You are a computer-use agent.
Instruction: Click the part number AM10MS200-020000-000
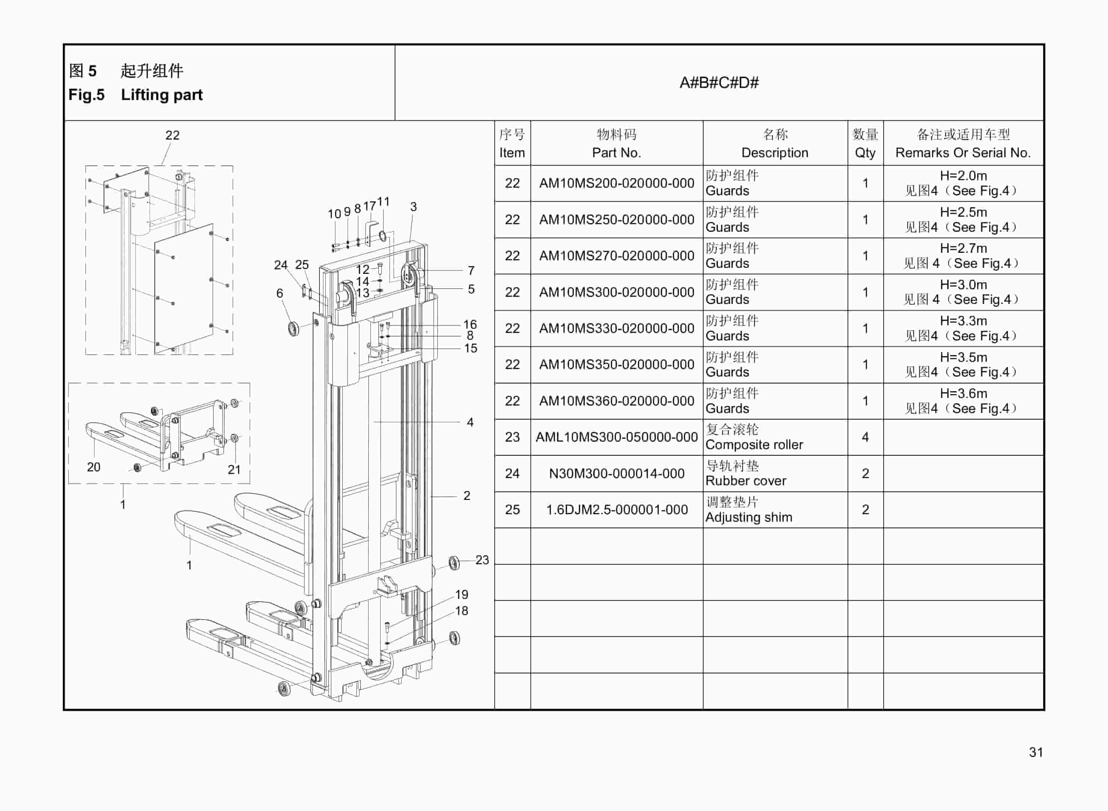pyautogui.click(x=616, y=183)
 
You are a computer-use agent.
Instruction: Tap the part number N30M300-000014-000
pyautogui.click(x=616, y=473)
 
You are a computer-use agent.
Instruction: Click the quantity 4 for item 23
pyautogui.click(x=865, y=437)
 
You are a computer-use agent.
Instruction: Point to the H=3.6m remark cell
pyautogui.click(x=963, y=401)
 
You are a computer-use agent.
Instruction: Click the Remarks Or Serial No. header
pyautogui.click(x=963, y=152)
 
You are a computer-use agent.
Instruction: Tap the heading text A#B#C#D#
pyautogui.click(x=719, y=82)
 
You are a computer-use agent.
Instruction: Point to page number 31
pyautogui.click(x=1035, y=752)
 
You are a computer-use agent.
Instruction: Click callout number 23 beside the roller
pyautogui.click(x=482, y=560)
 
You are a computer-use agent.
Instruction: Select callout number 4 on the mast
pyautogui.click(x=470, y=422)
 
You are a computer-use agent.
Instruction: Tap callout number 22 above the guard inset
pyautogui.click(x=172, y=135)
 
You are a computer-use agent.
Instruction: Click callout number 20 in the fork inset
pyautogui.click(x=93, y=467)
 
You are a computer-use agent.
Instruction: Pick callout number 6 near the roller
pyautogui.click(x=280, y=293)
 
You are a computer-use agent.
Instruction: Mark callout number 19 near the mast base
pyautogui.click(x=462, y=594)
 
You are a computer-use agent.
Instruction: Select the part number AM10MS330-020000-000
pyautogui.click(x=616, y=328)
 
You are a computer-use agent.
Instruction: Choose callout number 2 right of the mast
pyautogui.click(x=466, y=495)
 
